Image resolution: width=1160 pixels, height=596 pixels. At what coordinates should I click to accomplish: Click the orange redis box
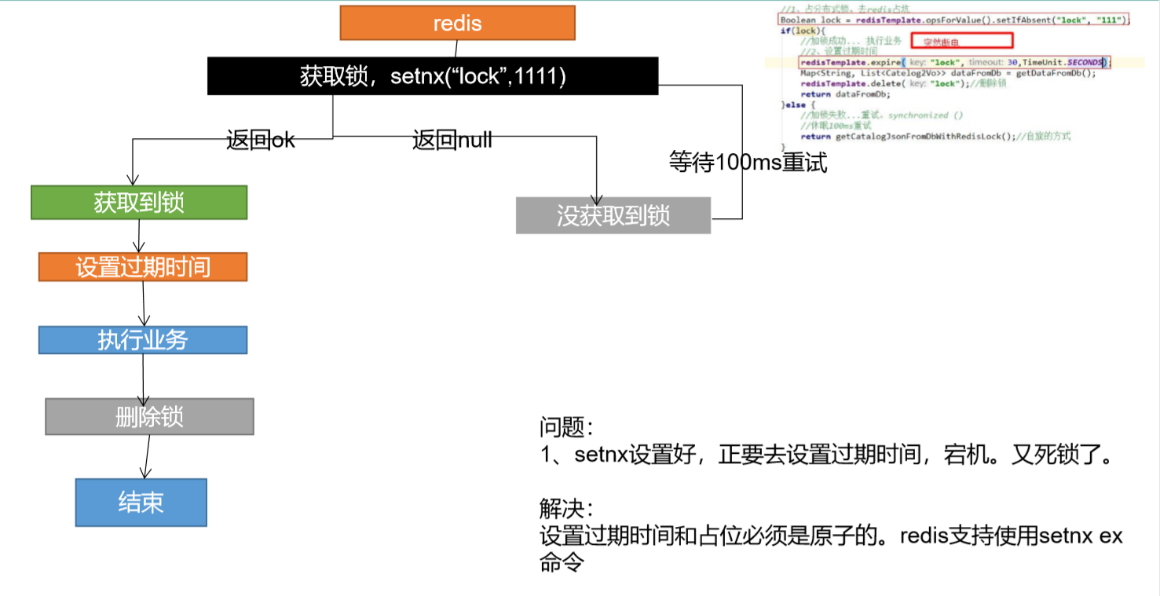457,23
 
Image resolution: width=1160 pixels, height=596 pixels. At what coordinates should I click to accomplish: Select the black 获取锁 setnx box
433,76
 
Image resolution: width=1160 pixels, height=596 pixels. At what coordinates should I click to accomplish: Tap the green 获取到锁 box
139,203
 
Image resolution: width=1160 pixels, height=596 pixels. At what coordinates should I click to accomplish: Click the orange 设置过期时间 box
143,267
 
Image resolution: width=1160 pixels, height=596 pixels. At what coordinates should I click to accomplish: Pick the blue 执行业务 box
143,339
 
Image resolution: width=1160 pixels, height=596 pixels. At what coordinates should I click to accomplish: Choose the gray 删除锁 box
149,416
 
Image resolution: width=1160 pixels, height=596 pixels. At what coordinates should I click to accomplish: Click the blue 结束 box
141,503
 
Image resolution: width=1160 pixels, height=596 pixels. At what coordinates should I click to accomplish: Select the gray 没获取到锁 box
613,215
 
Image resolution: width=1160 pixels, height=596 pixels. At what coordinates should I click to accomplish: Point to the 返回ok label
261,141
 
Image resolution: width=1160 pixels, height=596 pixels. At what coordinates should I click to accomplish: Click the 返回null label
452,141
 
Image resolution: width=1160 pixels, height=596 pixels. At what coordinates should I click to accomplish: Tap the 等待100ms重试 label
748,163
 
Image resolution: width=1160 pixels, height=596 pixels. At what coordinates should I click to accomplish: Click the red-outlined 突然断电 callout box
962,41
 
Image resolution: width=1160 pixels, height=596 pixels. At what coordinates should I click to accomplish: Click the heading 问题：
566,427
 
